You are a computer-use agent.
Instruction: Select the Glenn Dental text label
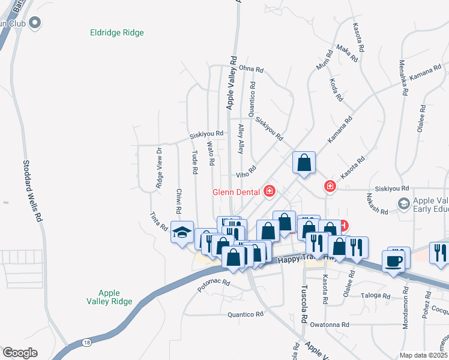pyautogui.click(x=235, y=192)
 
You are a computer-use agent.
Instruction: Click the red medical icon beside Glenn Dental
pyautogui.click(x=270, y=191)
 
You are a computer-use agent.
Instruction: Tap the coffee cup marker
pyautogui.click(x=394, y=261)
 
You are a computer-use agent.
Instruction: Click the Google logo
pyautogui.click(x=20, y=353)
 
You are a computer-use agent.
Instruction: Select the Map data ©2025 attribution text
pyautogui.click(x=423, y=355)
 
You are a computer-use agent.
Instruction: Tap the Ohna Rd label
pyautogui.click(x=252, y=70)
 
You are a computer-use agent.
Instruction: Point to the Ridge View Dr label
pyautogui.click(x=159, y=169)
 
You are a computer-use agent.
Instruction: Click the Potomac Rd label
pyautogui.click(x=214, y=282)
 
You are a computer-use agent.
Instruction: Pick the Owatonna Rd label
pyautogui.click(x=330, y=325)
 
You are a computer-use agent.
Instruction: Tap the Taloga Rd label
pyautogui.click(x=376, y=296)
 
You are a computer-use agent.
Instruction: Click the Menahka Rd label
pyautogui.click(x=403, y=78)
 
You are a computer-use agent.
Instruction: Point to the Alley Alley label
pyautogui.click(x=241, y=139)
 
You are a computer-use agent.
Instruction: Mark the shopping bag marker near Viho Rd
pyautogui.click(x=304, y=162)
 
